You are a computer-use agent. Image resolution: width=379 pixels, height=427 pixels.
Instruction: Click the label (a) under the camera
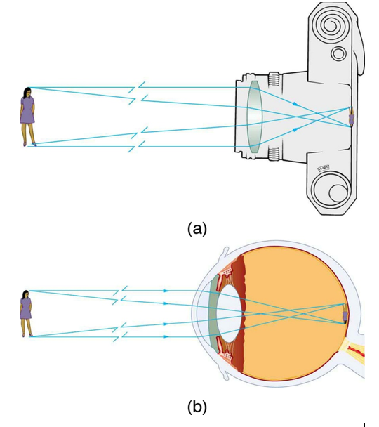197,228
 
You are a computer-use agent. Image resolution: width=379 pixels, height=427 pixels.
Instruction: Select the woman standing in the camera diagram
27,116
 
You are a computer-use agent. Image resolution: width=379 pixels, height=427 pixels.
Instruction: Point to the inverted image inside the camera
351,117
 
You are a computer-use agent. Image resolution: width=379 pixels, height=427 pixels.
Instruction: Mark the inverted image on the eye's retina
345,315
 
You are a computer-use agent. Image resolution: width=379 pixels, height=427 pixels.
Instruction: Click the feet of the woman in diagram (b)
29,335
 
